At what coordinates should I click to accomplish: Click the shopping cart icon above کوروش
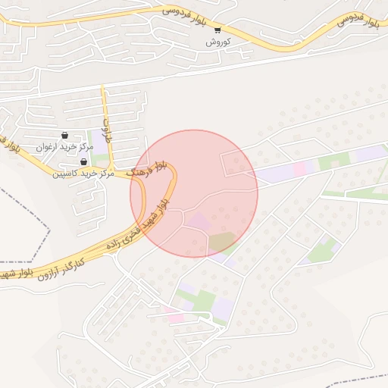[217, 30]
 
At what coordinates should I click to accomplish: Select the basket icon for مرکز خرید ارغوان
[64, 135]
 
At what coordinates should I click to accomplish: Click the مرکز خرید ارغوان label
[64, 146]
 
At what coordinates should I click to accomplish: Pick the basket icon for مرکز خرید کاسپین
[83, 161]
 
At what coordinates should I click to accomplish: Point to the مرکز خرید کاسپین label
[83, 174]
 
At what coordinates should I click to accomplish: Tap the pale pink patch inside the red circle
[199, 221]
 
